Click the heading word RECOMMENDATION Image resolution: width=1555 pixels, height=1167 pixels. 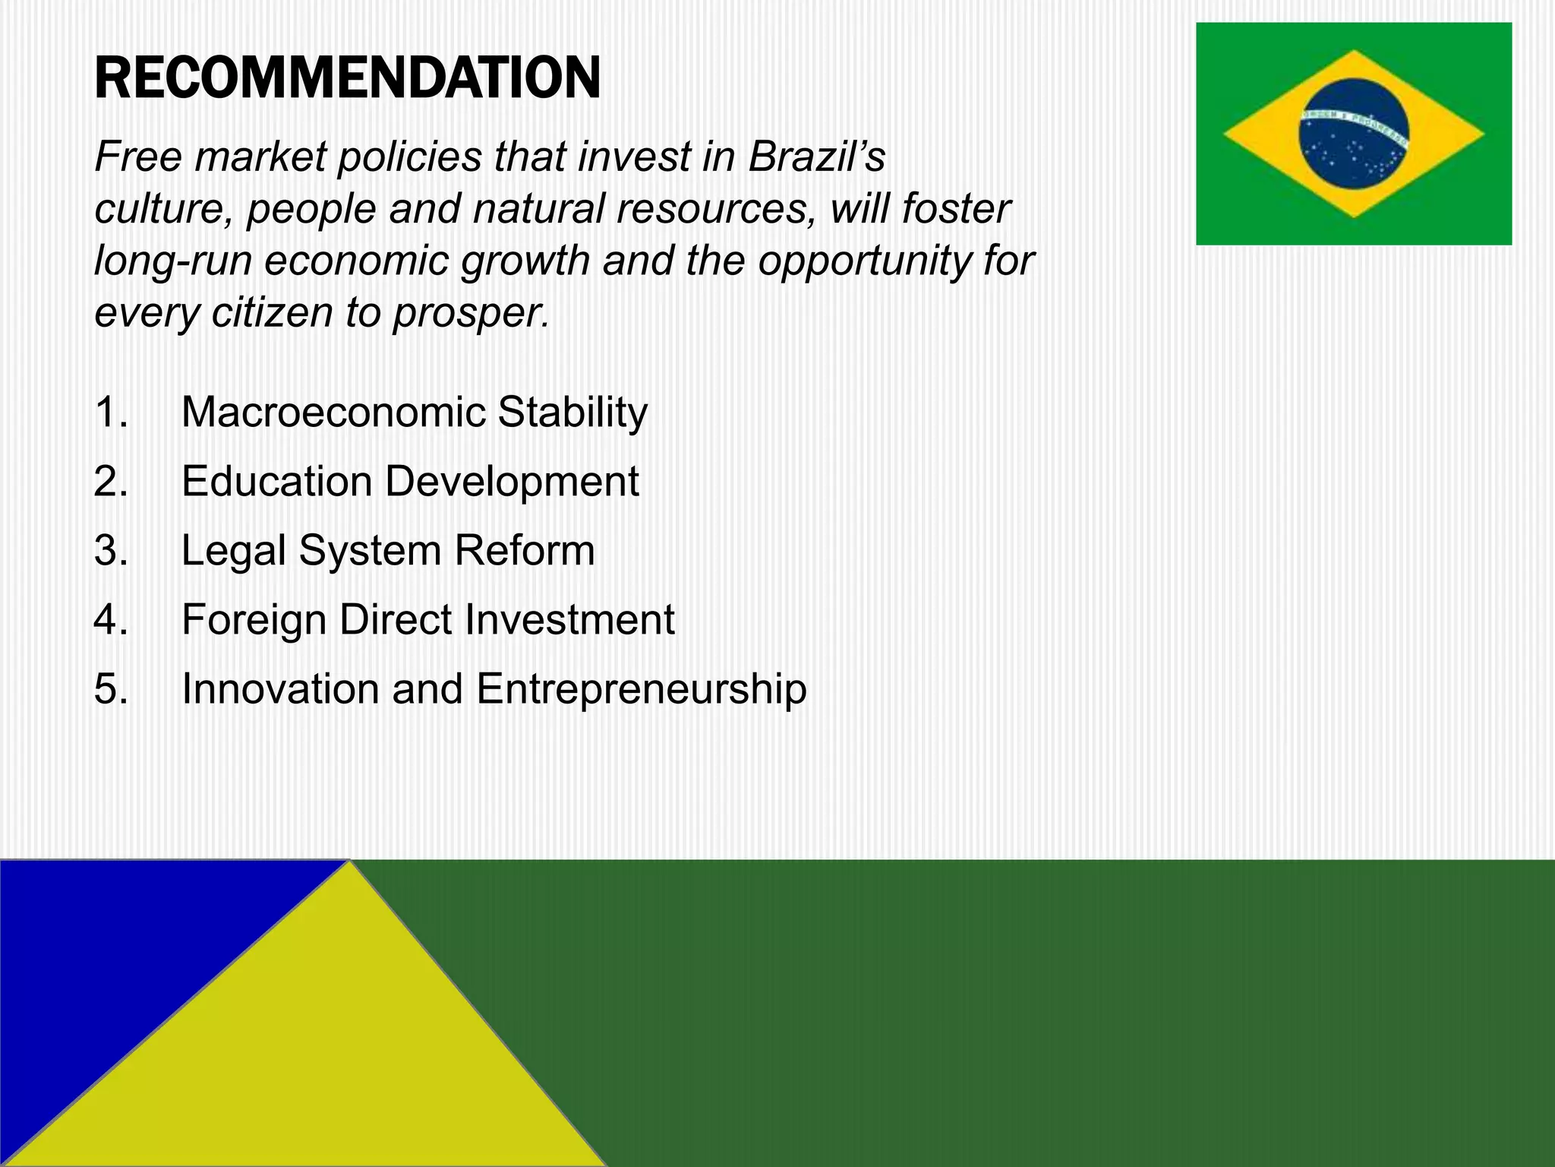(x=347, y=78)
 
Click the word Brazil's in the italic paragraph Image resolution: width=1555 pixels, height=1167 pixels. (x=816, y=157)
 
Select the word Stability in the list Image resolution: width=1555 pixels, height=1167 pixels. (x=572, y=413)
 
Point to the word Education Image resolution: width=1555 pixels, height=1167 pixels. (x=276, y=482)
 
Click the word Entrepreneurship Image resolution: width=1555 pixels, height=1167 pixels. (x=642, y=689)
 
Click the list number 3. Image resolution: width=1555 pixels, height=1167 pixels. (x=111, y=551)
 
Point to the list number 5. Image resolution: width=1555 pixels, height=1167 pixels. (x=111, y=689)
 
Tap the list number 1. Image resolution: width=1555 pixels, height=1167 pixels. (x=111, y=413)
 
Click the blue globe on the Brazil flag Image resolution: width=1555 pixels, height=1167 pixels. (x=1353, y=134)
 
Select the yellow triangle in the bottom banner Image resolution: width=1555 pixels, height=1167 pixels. (x=326, y=1064)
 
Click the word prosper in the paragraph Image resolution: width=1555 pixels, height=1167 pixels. (x=470, y=313)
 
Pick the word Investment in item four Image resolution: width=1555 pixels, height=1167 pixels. (x=569, y=620)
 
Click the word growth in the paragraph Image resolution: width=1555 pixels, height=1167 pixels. (x=525, y=261)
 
